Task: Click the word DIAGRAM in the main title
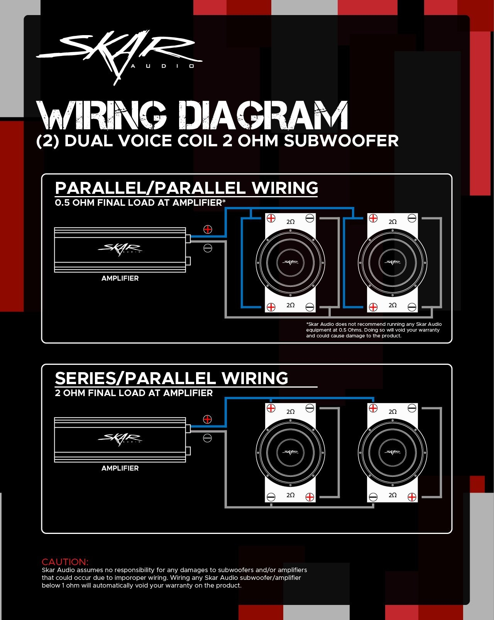(x=263, y=116)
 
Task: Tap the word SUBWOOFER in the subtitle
(x=341, y=141)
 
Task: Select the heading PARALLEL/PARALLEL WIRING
(x=186, y=188)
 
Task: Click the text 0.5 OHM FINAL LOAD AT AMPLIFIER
(x=139, y=203)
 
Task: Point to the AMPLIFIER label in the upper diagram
(x=120, y=278)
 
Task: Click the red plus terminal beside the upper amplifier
(x=208, y=229)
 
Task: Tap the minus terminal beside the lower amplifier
(x=207, y=438)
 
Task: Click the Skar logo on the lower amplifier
(x=120, y=439)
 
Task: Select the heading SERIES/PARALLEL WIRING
(x=171, y=378)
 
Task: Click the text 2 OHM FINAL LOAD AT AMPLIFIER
(x=134, y=393)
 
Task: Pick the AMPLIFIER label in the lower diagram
(x=120, y=468)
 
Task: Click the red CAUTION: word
(x=65, y=562)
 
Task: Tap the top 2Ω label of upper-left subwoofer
(x=290, y=222)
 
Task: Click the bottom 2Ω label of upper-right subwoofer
(x=392, y=305)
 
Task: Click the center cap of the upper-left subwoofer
(x=290, y=263)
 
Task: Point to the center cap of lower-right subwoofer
(x=392, y=452)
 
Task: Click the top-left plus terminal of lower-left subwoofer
(x=271, y=408)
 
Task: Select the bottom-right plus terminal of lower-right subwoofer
(x=412, y=497)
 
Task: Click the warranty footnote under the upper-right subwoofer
(x=374, y=330)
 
